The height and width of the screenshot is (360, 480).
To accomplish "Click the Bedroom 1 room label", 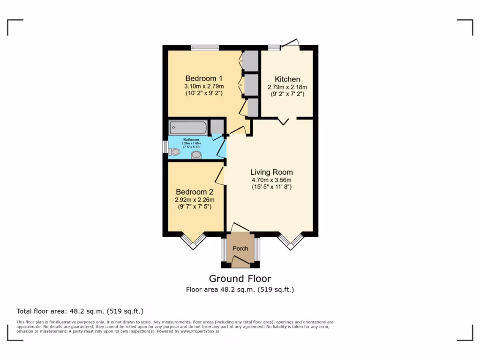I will [203, 78].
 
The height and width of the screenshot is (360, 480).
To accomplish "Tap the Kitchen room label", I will [287, 79].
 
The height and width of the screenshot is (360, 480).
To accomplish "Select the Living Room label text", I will [271, 172].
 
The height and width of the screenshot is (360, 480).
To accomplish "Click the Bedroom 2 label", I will [195, 192].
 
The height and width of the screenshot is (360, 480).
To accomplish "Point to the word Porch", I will [240, 248].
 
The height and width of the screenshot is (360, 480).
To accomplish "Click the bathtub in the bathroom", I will [188, 127].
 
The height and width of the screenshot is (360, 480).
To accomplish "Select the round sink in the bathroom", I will [196, 155].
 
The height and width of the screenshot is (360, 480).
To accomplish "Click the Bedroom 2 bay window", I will [194, 241].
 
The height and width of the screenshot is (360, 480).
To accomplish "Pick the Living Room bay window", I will [291, 241].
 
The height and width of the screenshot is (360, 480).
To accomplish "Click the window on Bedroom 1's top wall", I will [205, 47].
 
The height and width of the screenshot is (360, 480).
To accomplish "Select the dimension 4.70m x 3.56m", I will [271, 180].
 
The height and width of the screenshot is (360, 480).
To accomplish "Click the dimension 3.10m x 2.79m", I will [203, 86].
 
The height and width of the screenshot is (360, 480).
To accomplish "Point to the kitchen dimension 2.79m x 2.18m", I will [287, 87].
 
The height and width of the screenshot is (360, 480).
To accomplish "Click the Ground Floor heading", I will [240, 279].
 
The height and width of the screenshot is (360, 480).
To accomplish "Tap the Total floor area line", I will [80, 311].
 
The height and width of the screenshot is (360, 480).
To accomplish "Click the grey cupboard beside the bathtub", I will [217, 127].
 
